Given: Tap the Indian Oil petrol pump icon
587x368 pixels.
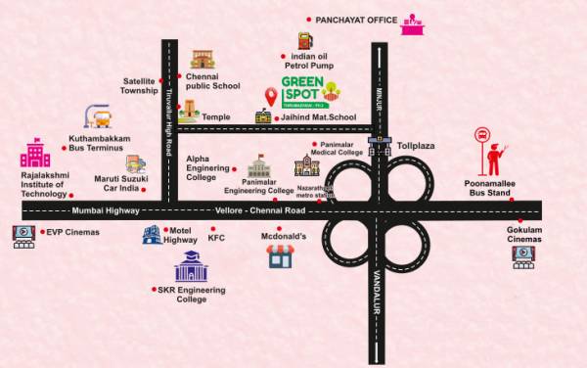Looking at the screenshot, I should click(x=304, y=40).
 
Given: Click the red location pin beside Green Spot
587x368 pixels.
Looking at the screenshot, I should click(x=271, y=96).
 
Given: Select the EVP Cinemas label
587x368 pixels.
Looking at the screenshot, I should click(x=71, y=233).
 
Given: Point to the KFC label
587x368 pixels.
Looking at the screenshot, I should click(x=216, y=237).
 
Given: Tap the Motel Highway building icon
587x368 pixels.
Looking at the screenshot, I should click(x=152, y=234).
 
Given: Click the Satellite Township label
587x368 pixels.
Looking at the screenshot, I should click(x=140, y=85).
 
